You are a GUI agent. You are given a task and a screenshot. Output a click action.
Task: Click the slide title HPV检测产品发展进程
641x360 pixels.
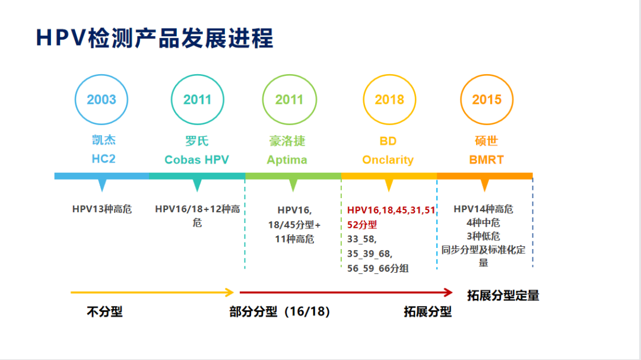[155, 38]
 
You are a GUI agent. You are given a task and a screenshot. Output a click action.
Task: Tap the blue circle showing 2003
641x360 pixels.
[101, 100]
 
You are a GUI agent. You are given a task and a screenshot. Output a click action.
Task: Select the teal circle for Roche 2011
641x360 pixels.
[197, 100]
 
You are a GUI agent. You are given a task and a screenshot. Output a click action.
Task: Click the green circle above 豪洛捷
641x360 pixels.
[289, 100]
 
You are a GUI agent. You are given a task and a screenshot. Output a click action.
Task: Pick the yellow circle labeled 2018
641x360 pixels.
[389, 100]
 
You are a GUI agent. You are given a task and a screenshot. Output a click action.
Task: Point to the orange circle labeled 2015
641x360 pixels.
[487, 100]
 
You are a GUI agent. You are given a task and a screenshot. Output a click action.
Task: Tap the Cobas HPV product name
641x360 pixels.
[196, 160]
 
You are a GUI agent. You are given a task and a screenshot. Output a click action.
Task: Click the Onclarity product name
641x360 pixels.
[388, 160]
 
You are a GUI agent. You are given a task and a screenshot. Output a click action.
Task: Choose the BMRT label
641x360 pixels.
[485, 160]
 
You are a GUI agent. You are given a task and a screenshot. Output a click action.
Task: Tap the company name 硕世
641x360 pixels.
[486, 141]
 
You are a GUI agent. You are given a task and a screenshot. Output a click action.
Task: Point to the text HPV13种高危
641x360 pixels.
[102, 209]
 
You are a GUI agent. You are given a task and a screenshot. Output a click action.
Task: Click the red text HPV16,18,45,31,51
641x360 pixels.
[391, 210]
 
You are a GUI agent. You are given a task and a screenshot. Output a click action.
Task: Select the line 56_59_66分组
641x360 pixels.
[378, 268]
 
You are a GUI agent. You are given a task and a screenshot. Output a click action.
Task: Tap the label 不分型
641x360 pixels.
[104, 311]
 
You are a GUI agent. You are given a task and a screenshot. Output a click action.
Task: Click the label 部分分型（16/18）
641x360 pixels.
[280, 311]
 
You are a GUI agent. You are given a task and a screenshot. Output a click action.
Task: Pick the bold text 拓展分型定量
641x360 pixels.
[503, 295]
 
